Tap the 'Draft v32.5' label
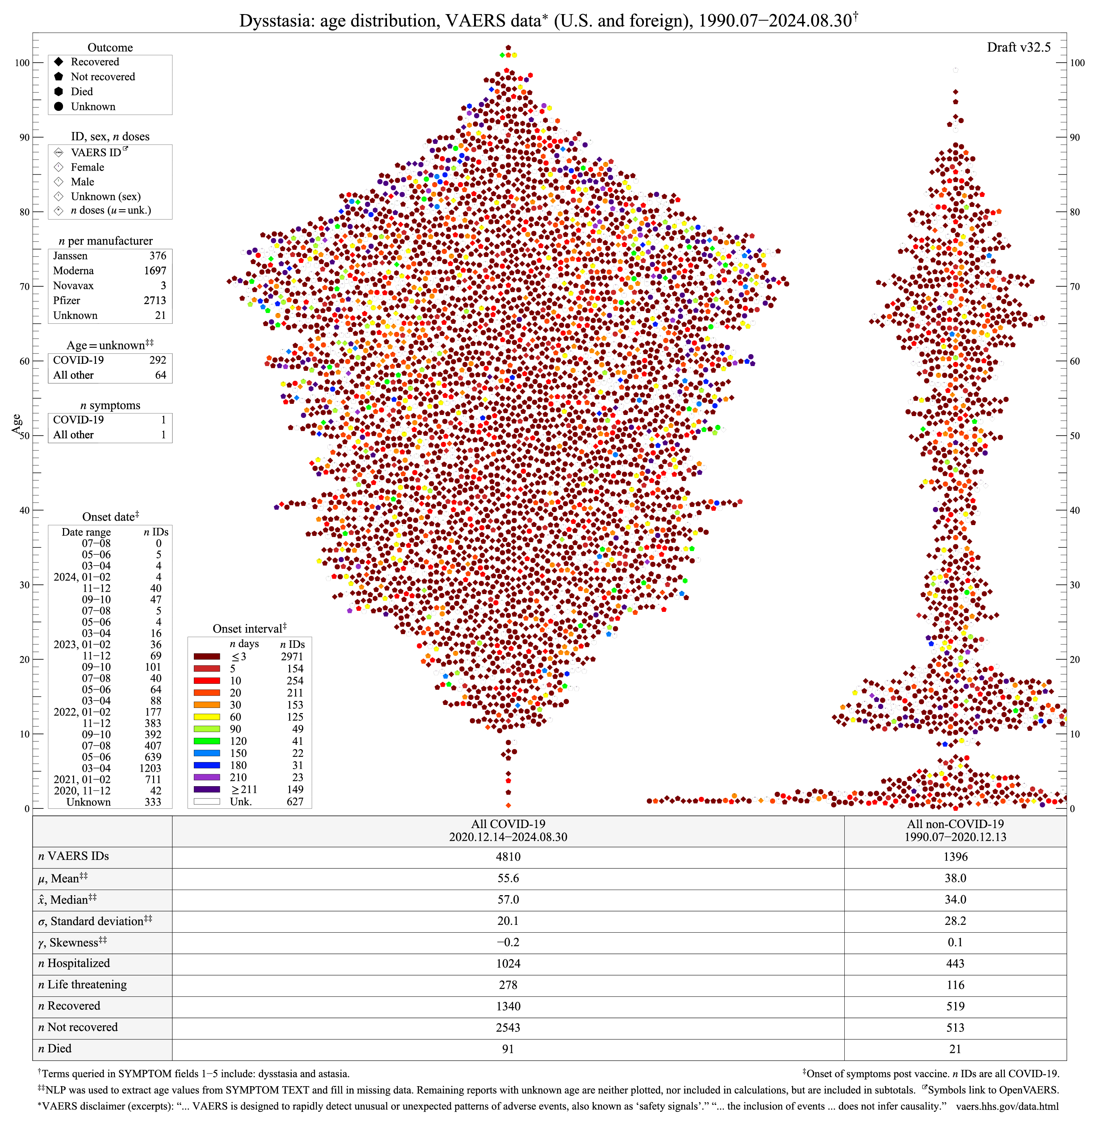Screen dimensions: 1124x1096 [1018, 47]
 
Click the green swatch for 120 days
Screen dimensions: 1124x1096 [207, 741]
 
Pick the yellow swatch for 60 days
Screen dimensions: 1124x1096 [207, 717]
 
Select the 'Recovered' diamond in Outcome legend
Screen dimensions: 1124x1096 [59, 62]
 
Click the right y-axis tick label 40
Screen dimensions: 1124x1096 [1075, 510]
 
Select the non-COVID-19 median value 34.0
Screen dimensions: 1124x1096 [955, 899]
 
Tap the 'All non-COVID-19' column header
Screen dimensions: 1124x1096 [955, 824]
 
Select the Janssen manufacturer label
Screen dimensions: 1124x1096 [70, 256]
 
